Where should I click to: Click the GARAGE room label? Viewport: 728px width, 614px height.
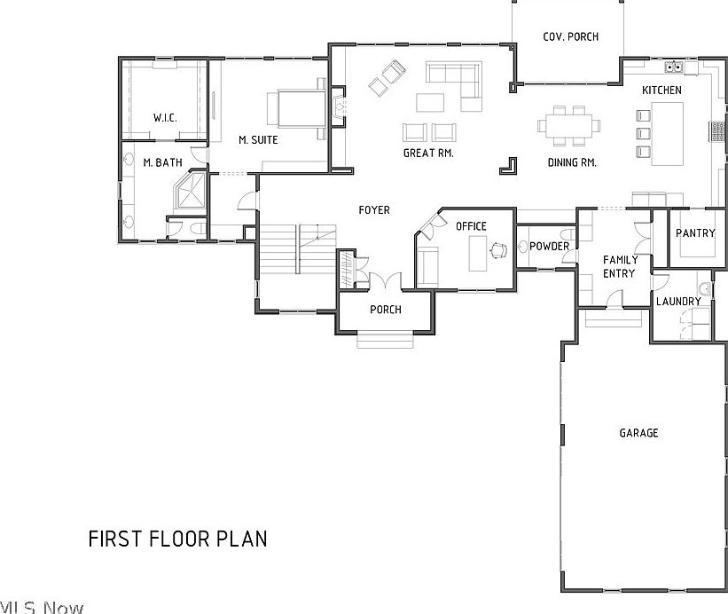coord(638,433)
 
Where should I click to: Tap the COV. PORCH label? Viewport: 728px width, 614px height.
coord(570,36)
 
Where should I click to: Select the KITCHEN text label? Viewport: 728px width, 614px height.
coord(661,91)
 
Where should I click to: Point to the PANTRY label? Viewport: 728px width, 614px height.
coord(694,233)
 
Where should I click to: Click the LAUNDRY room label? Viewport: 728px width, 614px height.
coord(678,302)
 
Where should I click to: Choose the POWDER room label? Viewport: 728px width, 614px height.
coord(549,247)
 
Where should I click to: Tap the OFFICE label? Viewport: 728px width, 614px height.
coord(471,226)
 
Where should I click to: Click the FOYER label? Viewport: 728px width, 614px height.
coord(373,210)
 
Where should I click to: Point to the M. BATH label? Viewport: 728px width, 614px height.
coord(162,162)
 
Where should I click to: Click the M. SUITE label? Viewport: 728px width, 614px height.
coord(258,140)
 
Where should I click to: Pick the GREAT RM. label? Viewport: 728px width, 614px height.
coord(428,153)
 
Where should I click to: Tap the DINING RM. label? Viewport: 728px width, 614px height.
coord(571,163)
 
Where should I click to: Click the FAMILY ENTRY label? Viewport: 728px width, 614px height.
coord(619,266)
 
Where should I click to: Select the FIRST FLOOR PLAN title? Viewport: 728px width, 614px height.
coord(177,539)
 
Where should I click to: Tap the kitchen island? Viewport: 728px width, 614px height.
coord(668,133)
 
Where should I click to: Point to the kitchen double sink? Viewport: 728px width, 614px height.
coord(674,66)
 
